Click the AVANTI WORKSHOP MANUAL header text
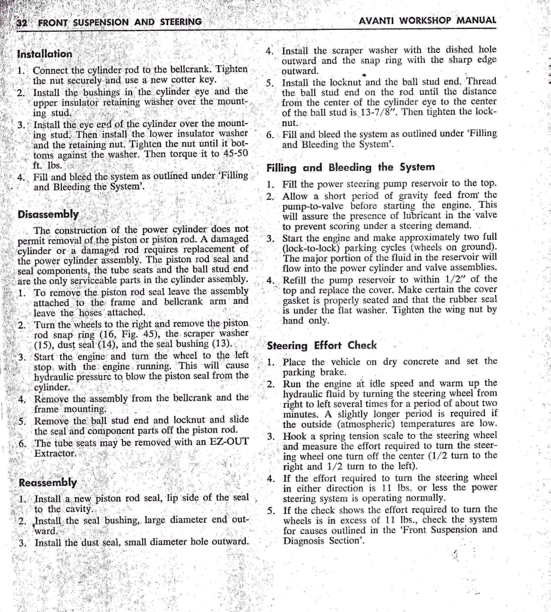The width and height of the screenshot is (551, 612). [x=427, y=21]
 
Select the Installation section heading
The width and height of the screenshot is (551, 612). [x=44, y=54]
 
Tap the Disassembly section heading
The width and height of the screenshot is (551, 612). [x=48, y=214]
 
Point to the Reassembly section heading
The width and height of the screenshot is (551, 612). [x=48, y=482]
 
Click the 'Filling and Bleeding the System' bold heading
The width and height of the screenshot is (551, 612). [x=350, y=167]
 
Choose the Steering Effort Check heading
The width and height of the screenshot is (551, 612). [x=322, y=345]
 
